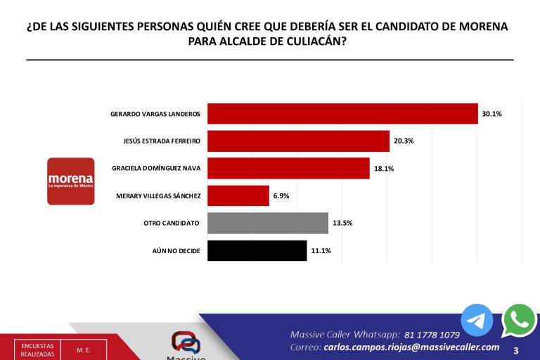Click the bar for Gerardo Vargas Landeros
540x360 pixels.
pyautogui.click(x=342, y=114)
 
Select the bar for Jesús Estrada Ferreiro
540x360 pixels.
pyautogui.click(x=298, y=141)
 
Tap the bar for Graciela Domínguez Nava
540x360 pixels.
pyautogui.click(x=288, y=168)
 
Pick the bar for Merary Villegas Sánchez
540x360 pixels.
pyautogui.click(x=238, y=195)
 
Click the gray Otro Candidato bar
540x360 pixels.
pyautogui.click(x=268, y=223)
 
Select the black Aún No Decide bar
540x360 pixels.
pyautogui.click(x=257, y=250)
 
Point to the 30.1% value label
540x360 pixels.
pyautogui.click(x=491, y=114)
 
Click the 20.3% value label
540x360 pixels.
pyautogui.click(x=404, y=141)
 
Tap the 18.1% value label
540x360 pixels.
pyautogui.click(x=384, y=169)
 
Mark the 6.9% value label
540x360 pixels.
pyautogui.click(x=281, y=195)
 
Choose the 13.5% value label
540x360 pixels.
pyautogui.click(x=342, y=223)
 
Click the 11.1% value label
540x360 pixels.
pyautogui.click(x=321, y=250)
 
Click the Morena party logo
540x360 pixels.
pyautogui.click(x=70, y=181)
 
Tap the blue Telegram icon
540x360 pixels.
pyautogui.click(x=477, y=320)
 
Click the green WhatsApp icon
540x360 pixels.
pyautogui.click(x=520, y=320)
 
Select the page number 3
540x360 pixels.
pyautogui.click(x=516, y=349)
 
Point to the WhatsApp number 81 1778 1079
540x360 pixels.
pyautogui.click(x=432, y=335)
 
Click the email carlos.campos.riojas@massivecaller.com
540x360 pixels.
pyautogui.click(x=411, y=347)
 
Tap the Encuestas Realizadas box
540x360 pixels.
pyautogui.click(x=37, y=349)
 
